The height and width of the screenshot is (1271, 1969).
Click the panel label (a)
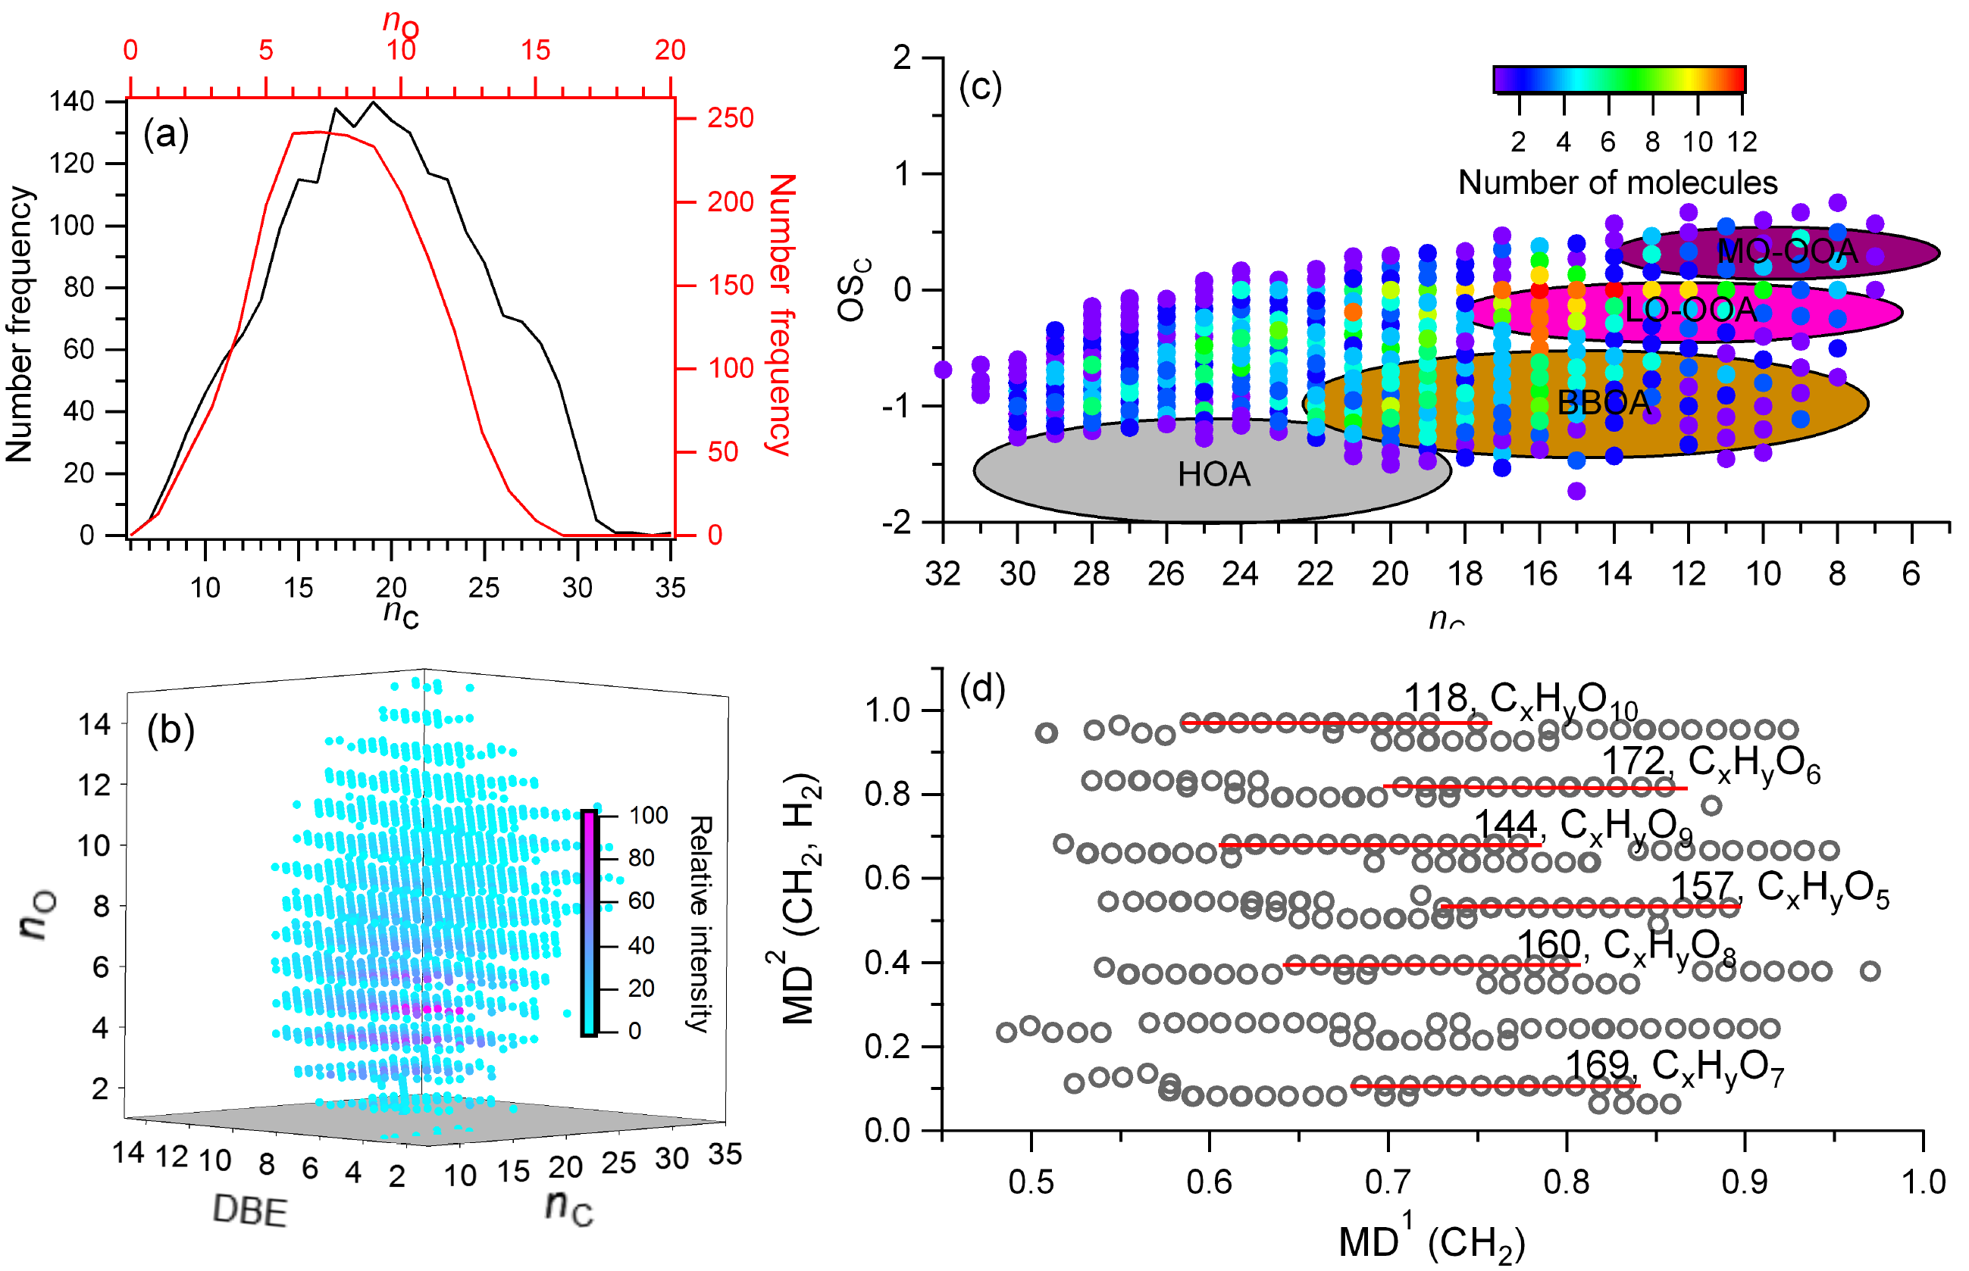[166, 134]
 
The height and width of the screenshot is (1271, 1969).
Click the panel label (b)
[171, 729]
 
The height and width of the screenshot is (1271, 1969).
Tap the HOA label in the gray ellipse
[1213, 475]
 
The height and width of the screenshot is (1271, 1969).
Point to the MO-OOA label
[1786, 251]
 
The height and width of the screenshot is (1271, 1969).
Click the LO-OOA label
[1690, 311]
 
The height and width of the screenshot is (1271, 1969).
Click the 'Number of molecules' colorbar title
[1617, 183]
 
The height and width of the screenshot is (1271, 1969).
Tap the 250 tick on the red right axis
[730, 118]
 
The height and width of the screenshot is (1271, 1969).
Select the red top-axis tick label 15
[536, 50]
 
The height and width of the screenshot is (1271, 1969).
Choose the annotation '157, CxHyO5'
[1779, 889]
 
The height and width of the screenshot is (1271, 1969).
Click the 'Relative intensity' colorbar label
[700, 923]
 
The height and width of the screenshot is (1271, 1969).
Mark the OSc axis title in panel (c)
[852, 289]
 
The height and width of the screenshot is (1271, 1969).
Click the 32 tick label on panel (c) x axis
[943, 573]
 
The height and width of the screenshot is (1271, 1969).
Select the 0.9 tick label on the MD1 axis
[1745, 1182]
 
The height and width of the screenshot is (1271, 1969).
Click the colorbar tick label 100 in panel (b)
[648, 816]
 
